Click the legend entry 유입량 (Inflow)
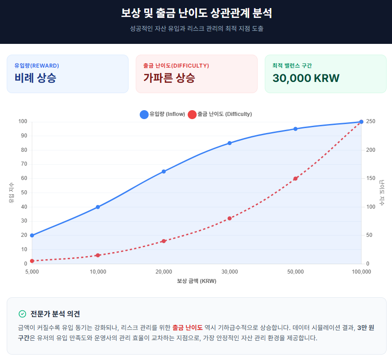(x=163, y=114)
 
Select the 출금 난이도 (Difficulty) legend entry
(x=220, y=114)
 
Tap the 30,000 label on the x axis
(x=229, y=272)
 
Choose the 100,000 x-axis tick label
(x=362, y=272)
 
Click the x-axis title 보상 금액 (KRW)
(x=197, y=281)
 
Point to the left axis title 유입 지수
(x=12, y=193)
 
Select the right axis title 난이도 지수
(x=382, y=193)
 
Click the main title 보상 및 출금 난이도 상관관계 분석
(x=196, y=13)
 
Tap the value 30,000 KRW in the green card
(x=306, y=78)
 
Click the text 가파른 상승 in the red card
(x=169, y=78)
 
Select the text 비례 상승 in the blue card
(x=35, y=78)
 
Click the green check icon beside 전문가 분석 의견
(x=22, y=314)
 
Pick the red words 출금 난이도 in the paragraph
(x=187, y=328)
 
